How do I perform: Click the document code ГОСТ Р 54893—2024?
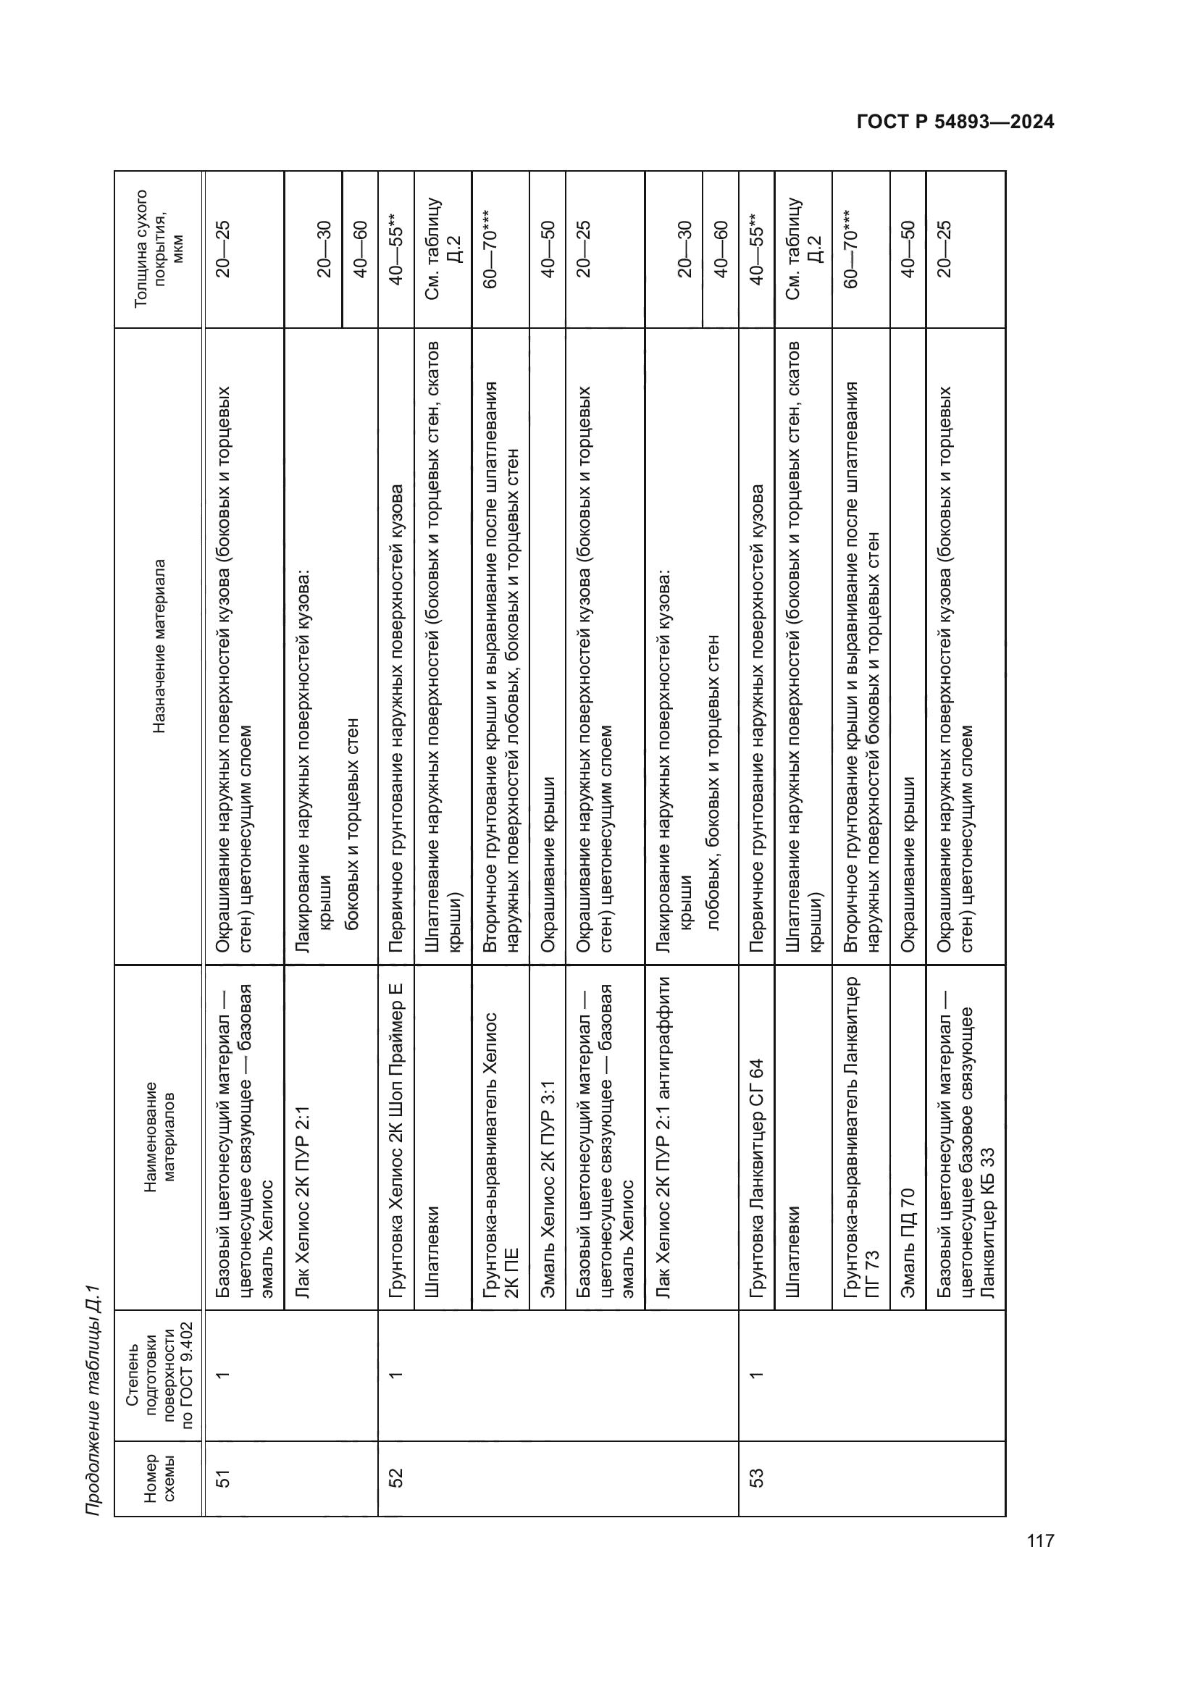[x=955, y=122]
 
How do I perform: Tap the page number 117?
[x=1039, y=1540]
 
